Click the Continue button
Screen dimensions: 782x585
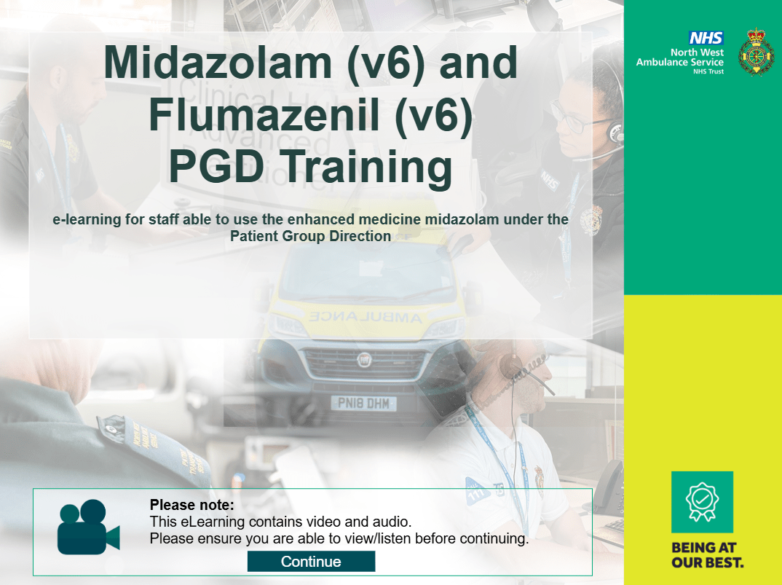[311, 562]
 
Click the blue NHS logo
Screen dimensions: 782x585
[706, 38]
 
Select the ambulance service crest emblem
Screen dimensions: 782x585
[756, 52]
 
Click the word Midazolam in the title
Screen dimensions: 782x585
[218, 63]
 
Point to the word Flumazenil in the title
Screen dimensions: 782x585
[266, 114]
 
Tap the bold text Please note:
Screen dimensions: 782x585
[191, 505]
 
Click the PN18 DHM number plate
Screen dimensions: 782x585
[363, 404]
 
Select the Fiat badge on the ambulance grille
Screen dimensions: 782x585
[365, 359]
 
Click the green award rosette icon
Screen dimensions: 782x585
[702, 502]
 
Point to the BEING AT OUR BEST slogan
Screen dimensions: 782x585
[707, 555]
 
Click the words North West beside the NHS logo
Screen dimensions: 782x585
[697, 52]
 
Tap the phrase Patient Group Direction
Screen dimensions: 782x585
[310, 236]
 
